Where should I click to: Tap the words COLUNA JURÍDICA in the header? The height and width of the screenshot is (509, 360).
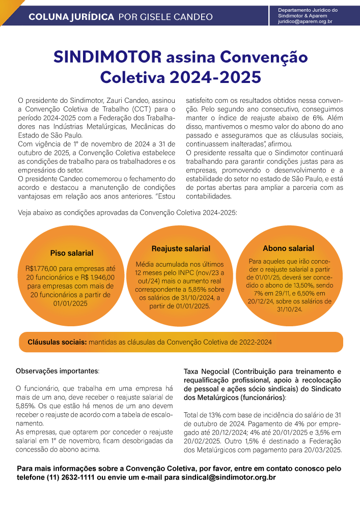(71, 17)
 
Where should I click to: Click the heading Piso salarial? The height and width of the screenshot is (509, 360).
(72, 253)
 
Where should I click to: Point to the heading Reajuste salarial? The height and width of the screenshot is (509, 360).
(181, 248)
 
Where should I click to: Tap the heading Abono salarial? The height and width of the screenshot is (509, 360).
(288, 248)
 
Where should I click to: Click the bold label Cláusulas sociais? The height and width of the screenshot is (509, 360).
(57, 343)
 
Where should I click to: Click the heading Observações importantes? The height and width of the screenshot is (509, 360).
(58, 371)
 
